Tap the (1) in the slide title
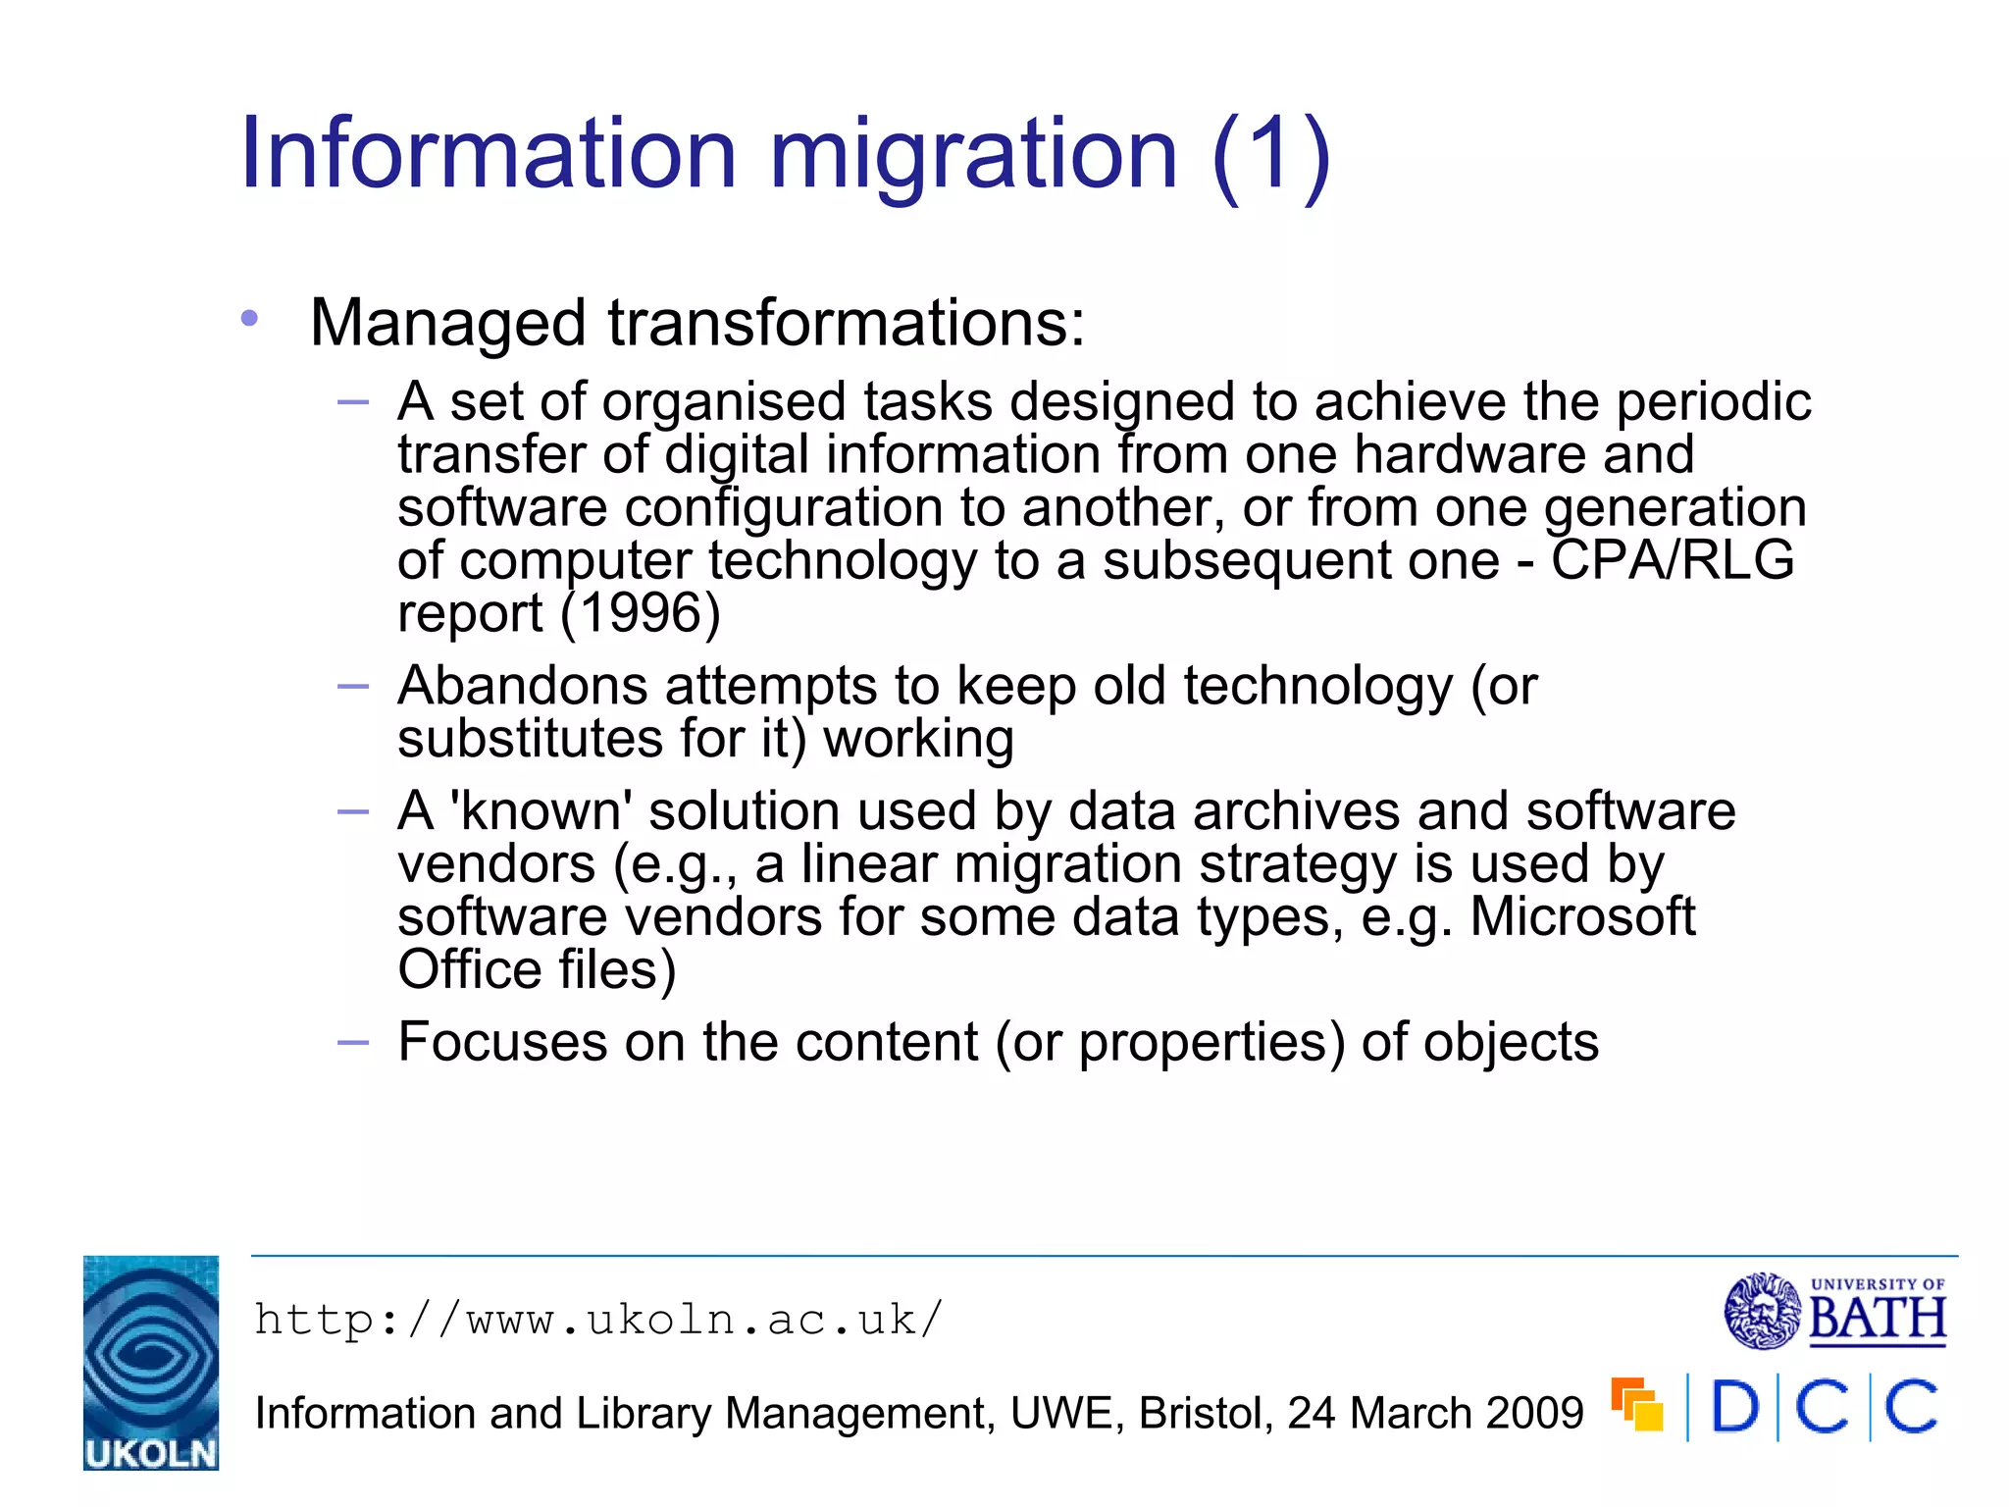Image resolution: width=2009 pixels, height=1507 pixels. click(1271, 154)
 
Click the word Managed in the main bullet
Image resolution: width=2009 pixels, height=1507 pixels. click(447, 324)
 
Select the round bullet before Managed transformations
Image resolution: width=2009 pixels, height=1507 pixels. click(250, 318)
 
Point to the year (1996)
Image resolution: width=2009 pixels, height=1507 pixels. click(641, 613)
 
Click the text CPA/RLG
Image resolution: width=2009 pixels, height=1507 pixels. click(1673, 560)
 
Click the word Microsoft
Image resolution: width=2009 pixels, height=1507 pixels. click(1582, 917)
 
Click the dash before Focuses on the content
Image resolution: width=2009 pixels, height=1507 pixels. click(352, 1042)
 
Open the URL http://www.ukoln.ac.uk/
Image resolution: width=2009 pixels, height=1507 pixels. click(598, 1321)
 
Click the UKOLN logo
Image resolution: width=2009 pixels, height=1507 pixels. click(151, 1362)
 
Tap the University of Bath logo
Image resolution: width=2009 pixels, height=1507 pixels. click(1834, 1311)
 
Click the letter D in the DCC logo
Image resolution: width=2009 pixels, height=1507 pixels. click(1734, 1408)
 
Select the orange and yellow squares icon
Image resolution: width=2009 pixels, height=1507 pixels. click(1637, 1405)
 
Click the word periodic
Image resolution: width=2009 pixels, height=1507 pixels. click(1713, 402)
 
